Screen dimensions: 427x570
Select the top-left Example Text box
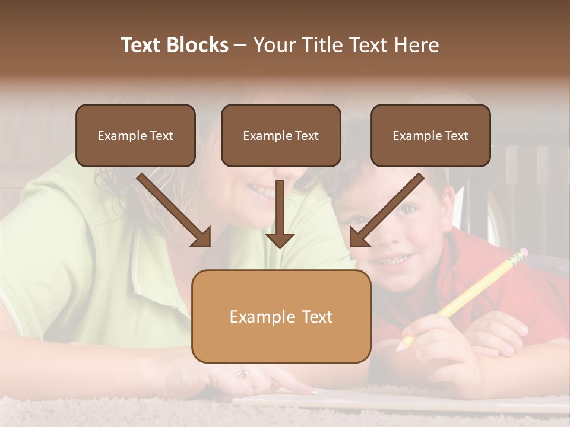coord(135,135)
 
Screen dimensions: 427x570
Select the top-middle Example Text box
coord(281,135)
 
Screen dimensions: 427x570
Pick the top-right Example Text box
coord(430,135)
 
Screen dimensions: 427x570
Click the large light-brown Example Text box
coord(281,316)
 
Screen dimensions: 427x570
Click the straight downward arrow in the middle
coord(280,216)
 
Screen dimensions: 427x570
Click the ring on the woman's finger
coord(243,374)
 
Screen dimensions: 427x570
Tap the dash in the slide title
coord(240,45)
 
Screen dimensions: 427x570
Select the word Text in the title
coord(142,45)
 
